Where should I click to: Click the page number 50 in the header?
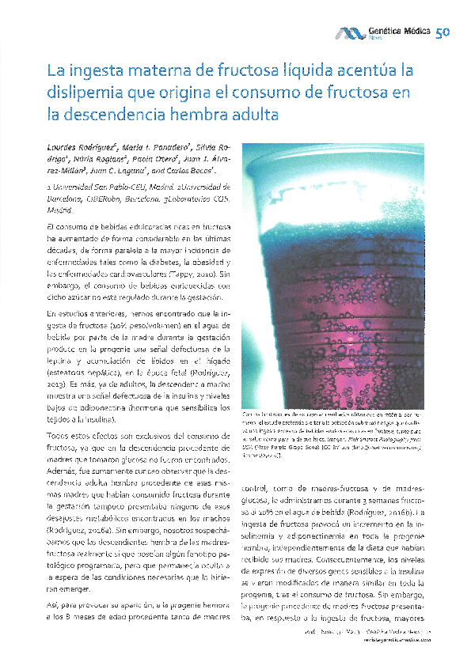coord(442,32)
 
